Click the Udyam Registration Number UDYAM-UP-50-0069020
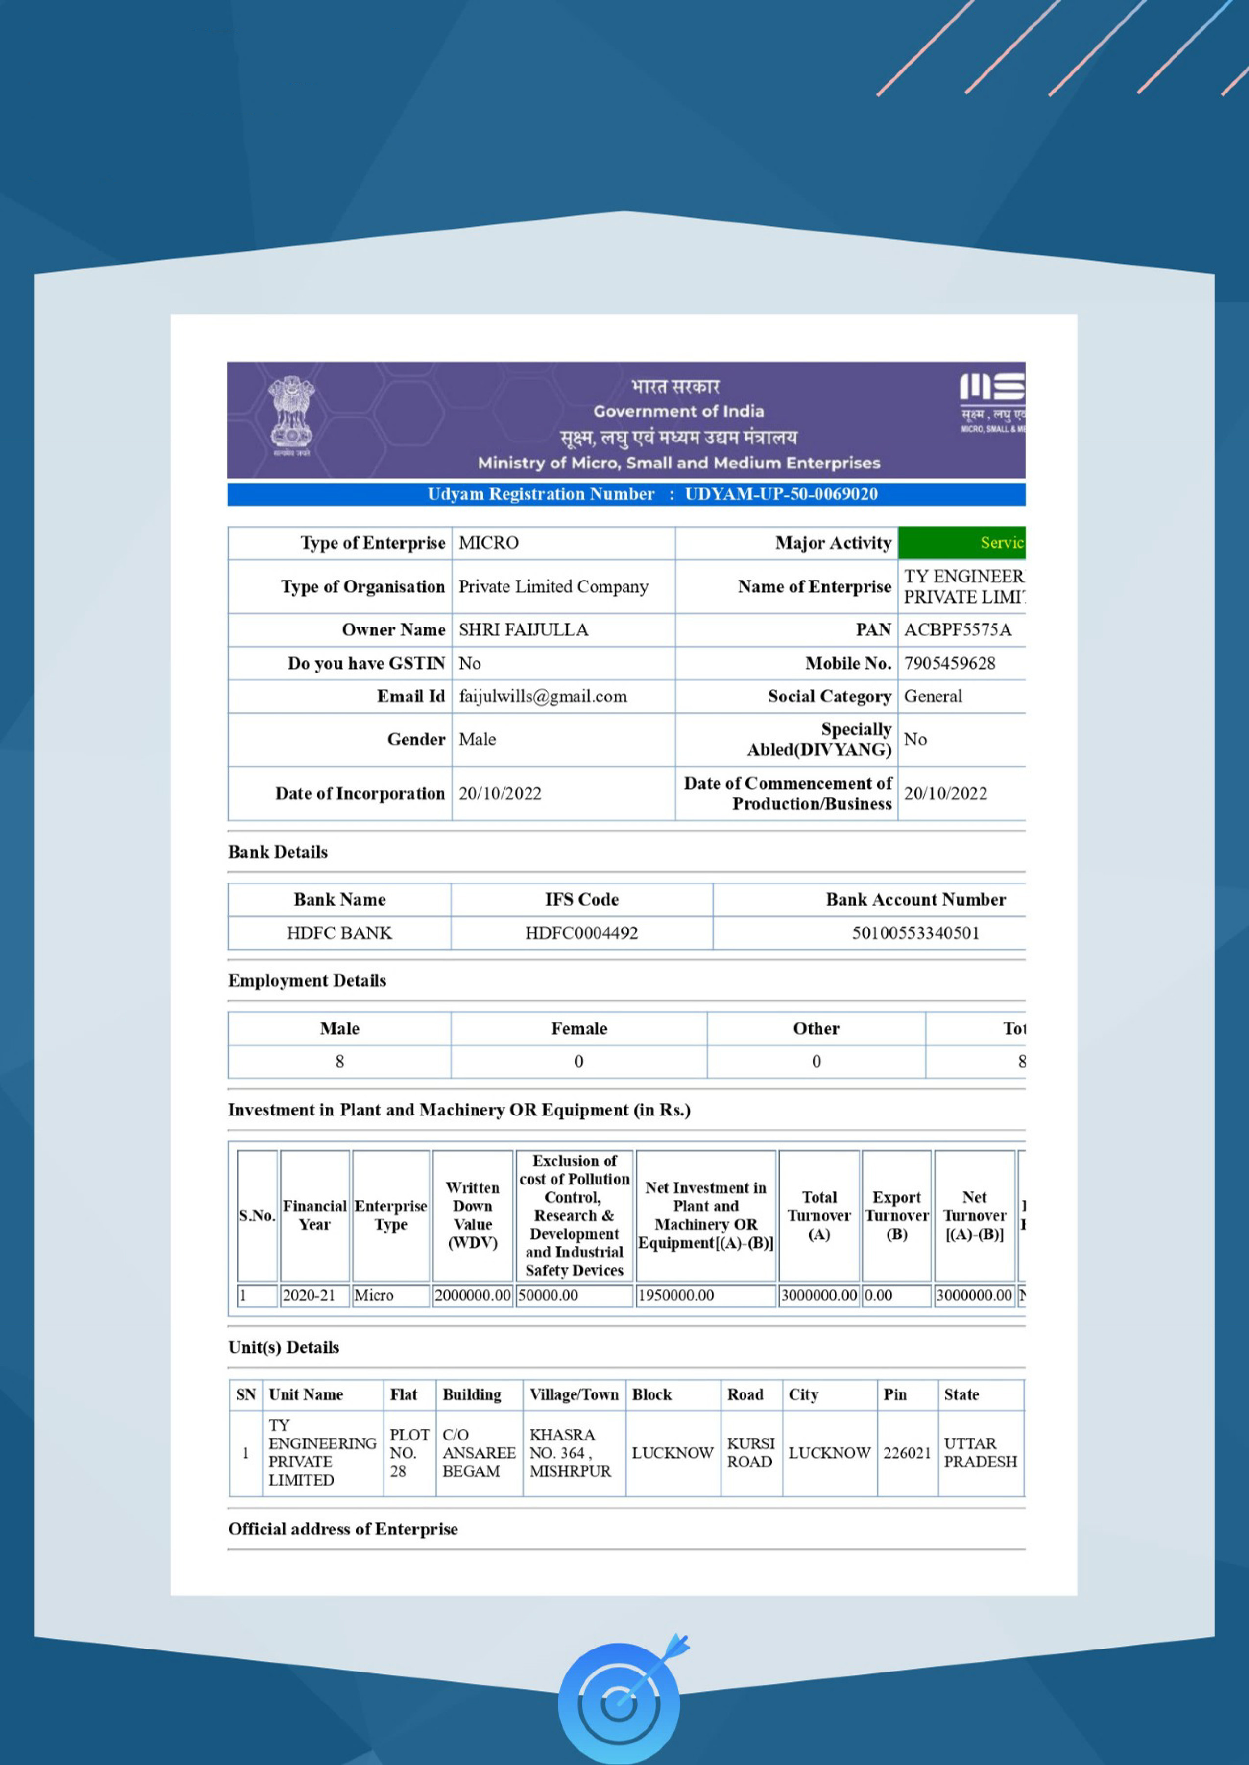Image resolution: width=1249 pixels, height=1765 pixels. (781, 494)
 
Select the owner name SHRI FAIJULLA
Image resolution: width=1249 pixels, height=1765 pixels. (523, 630)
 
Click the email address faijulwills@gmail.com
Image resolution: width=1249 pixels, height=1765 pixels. (543, 697)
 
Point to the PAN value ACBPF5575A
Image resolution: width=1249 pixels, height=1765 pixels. (958, 630)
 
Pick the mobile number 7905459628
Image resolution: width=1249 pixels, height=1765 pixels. (949, 663)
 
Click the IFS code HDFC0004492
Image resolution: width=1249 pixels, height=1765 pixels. (581, 933)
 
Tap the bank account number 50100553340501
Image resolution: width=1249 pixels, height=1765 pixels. (915, 933)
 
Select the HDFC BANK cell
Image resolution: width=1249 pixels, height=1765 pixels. (339, 933)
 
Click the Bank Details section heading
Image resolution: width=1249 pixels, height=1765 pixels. (278, 852)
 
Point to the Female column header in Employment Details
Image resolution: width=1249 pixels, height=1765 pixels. (578, 1028)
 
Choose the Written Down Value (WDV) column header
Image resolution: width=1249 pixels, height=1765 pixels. (472, 1215)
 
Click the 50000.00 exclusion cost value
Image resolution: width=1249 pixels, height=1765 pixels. (548, 1295)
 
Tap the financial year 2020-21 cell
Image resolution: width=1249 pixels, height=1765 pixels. (309, 1295)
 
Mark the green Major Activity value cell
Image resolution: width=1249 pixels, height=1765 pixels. (961, 543)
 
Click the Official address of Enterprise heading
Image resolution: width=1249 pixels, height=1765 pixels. (343, 1529)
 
